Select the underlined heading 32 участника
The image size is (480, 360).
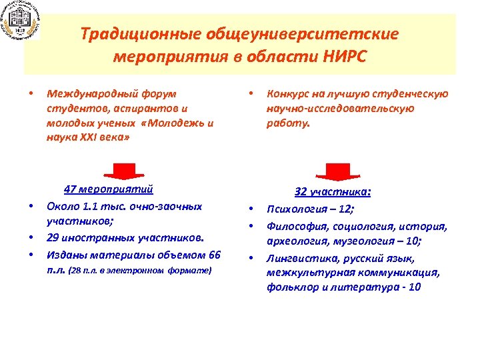coord(333,191)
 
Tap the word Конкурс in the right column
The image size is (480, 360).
coord(290,94)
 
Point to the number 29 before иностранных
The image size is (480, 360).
coord(54,237)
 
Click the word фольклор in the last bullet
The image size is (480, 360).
coord(293,287)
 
